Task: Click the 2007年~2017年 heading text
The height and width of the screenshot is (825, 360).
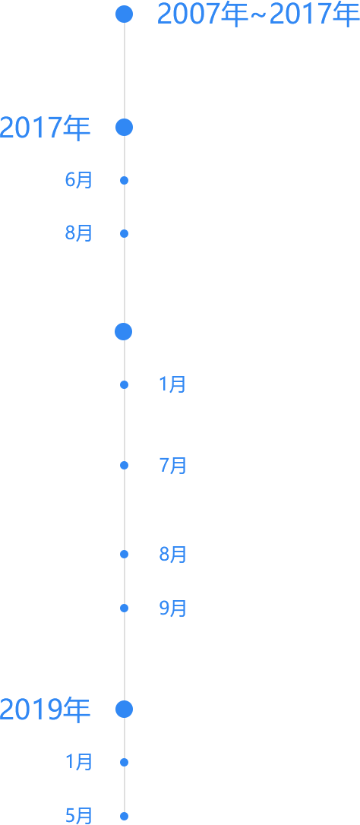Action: pos(258,14)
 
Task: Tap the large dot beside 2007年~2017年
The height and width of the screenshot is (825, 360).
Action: pos(125,14)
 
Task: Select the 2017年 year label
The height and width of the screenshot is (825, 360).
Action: pos(45,128)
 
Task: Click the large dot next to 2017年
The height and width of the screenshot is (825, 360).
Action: pos(125,128)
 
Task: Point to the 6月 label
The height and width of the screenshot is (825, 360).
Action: pos(79,181)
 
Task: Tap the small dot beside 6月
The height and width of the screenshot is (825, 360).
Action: pos(125,181)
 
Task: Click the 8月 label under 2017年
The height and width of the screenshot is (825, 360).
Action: pos(79,233)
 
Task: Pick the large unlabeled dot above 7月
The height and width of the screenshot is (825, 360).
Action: pos(123,331)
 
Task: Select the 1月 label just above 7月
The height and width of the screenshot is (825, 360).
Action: pos(172,384)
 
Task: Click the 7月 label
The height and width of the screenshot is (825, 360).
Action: pos(172,466)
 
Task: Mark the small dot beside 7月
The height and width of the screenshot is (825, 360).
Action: pos(125,465)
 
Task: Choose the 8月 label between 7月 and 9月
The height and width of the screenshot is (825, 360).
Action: pos(172,555)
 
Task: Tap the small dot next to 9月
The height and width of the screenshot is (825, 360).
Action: pos(125,608)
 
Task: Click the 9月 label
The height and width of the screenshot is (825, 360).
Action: pos(172,608)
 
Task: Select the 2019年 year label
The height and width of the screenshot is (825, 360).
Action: pos(45,710)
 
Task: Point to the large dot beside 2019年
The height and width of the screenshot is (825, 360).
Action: pos(125,710)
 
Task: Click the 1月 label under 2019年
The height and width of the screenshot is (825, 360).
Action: pos(79,762)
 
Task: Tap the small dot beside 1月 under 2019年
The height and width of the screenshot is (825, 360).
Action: pos(125,762)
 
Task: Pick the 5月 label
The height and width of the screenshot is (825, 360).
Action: pos(79,816)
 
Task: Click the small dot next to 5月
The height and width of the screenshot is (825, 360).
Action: pos(125,817)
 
